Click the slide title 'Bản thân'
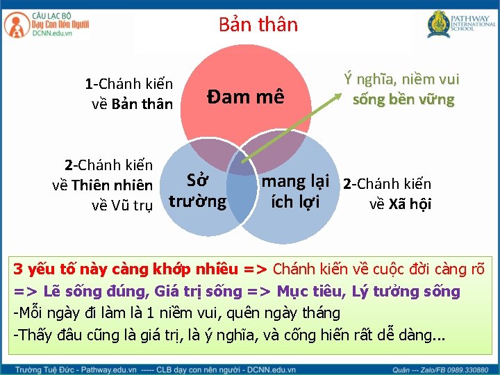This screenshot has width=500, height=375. click(258, 25)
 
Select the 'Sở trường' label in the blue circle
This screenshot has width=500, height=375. click(198, 191)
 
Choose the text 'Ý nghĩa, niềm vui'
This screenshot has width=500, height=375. click(402, 81)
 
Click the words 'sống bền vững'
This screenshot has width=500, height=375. click(403, 99)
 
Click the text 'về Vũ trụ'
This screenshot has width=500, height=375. click(122, 205)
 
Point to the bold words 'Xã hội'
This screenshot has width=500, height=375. click(410, 203)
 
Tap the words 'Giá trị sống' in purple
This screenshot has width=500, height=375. click(201, 291)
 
